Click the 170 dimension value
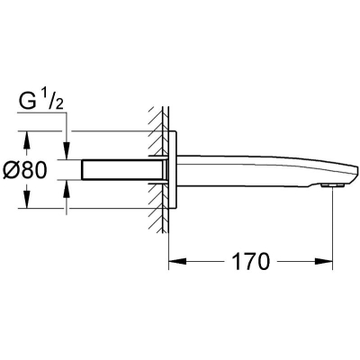251,261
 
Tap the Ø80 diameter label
25,170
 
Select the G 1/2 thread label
40,102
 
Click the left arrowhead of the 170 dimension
177,261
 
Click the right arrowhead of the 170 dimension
323,261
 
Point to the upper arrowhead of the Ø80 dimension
27,140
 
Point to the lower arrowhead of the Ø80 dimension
27,199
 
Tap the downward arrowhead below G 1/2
67,150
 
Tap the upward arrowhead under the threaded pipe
67,189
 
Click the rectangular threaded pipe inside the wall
124,170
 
